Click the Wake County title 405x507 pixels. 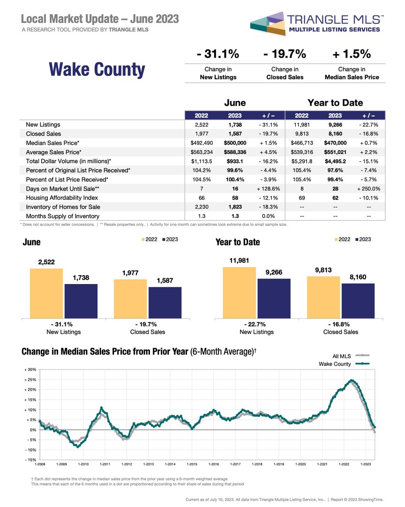(x=97, y=69)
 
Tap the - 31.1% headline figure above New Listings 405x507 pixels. (x=218, y=54)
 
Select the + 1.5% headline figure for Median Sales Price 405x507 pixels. (x=352, y=54)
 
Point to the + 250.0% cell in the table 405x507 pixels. (x=369, y=189)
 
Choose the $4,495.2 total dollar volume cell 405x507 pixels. (x=335, y=161)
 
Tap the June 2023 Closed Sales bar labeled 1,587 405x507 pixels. (x=165, y=303)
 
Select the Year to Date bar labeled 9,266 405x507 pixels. (x=274, y=299)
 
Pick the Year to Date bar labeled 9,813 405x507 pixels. (x=323, y=297)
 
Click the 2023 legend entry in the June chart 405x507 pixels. (x=170, y=239)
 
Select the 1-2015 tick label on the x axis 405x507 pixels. (x=192, y=464)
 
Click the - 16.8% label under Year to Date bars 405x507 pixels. (x=340, y=324)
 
